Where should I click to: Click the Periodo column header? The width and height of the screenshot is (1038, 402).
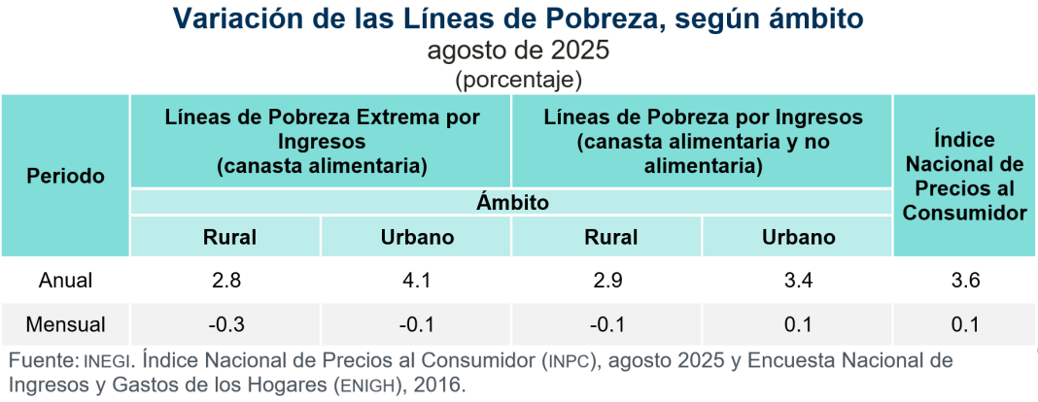coord(65,177)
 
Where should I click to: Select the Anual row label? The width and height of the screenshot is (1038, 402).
coord(65,281)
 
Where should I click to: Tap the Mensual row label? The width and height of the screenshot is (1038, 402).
coord(65,324)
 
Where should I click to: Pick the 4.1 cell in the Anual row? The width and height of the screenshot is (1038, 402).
coord(416,281)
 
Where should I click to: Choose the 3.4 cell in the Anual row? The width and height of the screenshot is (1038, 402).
coord(798,281)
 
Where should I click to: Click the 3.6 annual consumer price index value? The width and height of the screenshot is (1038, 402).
coord(964,281)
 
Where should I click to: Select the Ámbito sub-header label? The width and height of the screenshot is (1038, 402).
coord(512,202)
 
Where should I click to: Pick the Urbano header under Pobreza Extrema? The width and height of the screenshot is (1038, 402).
coord(417,237)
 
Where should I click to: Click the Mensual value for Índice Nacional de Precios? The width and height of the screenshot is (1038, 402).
coord(964,324)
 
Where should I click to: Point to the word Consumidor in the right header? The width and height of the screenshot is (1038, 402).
coord(965,213)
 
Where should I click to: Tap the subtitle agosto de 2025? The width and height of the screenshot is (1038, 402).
coord(518,50)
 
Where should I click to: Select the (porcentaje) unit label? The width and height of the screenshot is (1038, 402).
coord(518,80)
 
